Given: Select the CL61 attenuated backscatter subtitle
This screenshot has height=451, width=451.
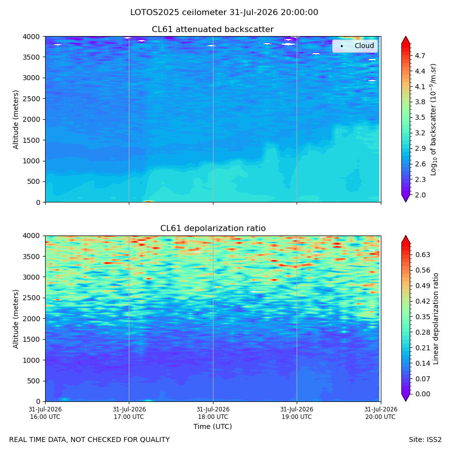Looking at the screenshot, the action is click(x=213, y=30).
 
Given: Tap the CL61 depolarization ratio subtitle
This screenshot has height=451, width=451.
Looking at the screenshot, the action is click(x=213, y=229).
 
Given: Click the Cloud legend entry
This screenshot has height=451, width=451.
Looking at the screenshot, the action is click(x=364, y=46).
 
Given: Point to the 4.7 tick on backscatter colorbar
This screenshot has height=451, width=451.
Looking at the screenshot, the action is click(x=420, y=56).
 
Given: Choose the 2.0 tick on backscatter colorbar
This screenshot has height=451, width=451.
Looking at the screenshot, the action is click(x=420, y=195).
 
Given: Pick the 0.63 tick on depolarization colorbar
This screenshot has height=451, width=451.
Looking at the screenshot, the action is click(x=422, y=255).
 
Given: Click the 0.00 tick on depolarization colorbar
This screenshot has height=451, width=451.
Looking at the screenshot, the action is click(x=422, y=394).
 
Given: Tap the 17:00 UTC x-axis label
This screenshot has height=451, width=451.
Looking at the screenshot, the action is click(x=129, y=413).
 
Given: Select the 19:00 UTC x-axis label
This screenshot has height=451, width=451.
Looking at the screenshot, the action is click(x=297, y=413).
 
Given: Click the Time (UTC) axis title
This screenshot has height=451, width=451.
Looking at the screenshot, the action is click(x=212, y=426).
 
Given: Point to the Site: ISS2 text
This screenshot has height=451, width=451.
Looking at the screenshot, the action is click(x=425, y=440).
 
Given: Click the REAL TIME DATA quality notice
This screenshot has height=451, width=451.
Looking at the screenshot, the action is click(x=90, y=440).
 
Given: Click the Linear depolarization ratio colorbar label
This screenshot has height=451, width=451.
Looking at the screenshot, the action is click(x=435, y=319).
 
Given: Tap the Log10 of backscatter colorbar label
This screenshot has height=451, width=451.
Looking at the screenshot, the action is click(x=433, y=120).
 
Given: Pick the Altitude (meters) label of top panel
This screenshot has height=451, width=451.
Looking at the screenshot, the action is click(x=16, y=120).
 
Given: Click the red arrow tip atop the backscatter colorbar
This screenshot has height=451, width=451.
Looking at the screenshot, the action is click(x=405, y=37).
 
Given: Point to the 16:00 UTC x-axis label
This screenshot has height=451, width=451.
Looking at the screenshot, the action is click(x=45, y=413).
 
